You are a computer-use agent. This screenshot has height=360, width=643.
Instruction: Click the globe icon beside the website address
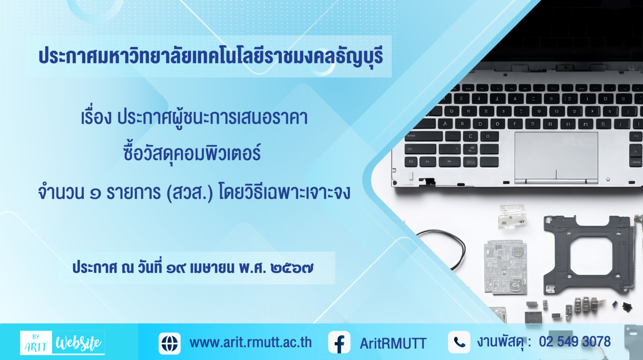(170, 343)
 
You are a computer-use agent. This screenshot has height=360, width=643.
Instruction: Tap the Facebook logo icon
(340, 342)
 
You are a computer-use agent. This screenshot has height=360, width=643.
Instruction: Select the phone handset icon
(459, 342)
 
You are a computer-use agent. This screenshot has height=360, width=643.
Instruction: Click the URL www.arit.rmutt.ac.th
(250, 342)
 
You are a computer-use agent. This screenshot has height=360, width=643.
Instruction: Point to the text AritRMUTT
(393, 343)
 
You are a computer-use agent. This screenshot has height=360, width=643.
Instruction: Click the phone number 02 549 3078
(575, 342)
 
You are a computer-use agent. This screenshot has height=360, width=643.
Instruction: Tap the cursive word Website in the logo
(78, 342)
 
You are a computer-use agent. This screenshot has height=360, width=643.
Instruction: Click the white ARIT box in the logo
(36, 343)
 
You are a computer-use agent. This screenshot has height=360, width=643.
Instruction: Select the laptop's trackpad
(556, 158)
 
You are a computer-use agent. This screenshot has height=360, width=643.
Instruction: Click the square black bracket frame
(589, 255)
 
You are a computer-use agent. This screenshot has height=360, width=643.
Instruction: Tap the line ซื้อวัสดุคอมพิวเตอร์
(192, 153)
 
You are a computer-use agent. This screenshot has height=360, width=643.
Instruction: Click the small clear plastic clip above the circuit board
(512, 216)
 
